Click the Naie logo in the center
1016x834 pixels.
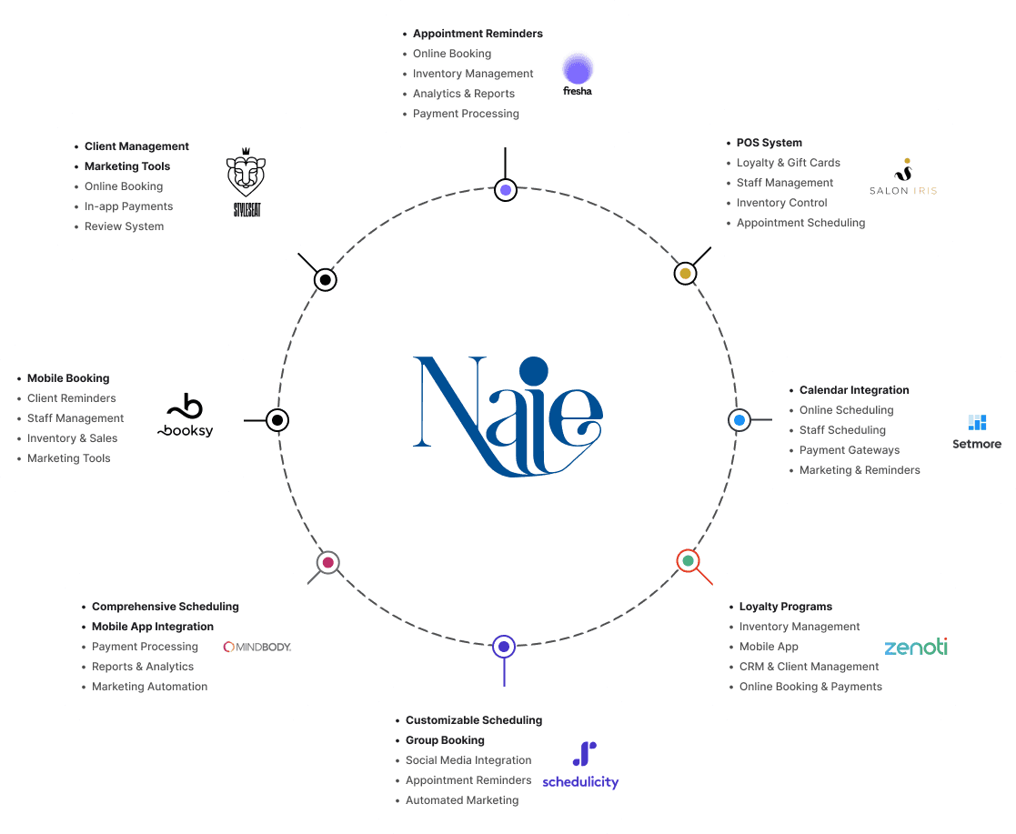[508, 417]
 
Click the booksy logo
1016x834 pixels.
[186, 417]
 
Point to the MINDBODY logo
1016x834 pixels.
[257, 647]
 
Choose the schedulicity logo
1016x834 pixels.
[580, 766]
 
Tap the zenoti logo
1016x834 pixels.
[916, 647]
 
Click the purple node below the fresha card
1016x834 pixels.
[506, 190]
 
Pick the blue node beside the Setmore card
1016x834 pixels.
[739, 420]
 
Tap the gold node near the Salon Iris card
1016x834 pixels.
[685, 273]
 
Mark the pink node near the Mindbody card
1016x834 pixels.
[327, 563]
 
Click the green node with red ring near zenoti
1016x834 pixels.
[688, 560]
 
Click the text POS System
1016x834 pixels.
[770, 143]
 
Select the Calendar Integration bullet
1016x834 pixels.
[854, 390]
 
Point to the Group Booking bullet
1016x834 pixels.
[445, 740]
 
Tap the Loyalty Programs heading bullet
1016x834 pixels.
[786, 607]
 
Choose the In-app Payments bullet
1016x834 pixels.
[128, 206]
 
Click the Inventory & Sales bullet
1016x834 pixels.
[72, 438]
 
